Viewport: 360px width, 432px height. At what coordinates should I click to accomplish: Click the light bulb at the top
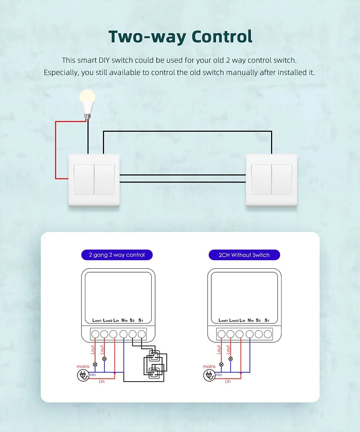click(x=87, y=104)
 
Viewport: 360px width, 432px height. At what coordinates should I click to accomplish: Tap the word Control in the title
click(x=222, y=37)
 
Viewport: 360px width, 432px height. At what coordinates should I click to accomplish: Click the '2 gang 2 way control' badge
click(x=117, y=255)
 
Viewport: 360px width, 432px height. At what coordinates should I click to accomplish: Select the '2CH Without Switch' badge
click(x=244, y=255)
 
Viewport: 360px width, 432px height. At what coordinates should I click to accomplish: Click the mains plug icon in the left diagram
click(x=83, y=375)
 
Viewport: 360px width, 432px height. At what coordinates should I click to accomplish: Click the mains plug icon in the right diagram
click(x=210, y=375)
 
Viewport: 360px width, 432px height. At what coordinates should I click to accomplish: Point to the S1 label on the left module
click(x=141, y=320)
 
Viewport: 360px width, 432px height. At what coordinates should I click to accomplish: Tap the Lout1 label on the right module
click(x=223, y=320)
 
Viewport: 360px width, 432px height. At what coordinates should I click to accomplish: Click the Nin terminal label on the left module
click(x=124, y=320)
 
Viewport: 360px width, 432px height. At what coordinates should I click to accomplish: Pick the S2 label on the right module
click(x=258, y=320)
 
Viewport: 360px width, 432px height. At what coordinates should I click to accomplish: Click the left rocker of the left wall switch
click(x=84, y=179)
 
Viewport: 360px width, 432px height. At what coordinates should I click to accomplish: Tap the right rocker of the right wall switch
click(x=282, y=179)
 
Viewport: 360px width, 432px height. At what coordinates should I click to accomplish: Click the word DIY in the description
click(x=104, y=60)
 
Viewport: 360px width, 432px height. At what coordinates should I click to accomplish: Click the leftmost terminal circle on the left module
click(x=95, y=334)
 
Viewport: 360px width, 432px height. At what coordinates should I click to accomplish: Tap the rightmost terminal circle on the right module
click(x=268, y=334)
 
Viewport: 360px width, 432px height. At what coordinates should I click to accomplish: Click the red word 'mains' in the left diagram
click(x=83, y=366)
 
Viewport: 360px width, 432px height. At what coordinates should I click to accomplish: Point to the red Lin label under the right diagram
click(x=228, y=381)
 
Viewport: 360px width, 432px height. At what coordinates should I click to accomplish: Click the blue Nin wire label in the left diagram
click(x=93, y=375)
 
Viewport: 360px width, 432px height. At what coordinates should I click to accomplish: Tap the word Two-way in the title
click(x=147, y=37)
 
